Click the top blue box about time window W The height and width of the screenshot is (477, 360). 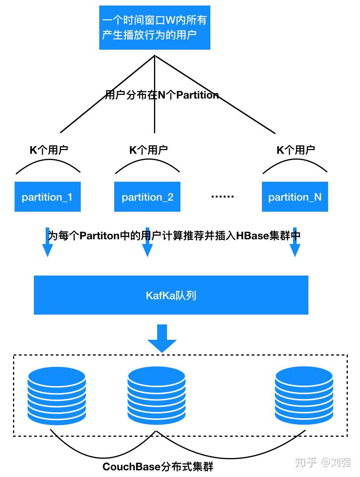[155, 28]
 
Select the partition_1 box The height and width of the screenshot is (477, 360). [48, 196]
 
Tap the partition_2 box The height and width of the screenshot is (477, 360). [147, 196]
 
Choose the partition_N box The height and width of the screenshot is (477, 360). [295, 196]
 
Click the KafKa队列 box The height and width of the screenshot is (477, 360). [171, 295]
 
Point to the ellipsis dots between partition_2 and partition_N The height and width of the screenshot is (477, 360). [222, 196]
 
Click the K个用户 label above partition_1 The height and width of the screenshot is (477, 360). [49, 150]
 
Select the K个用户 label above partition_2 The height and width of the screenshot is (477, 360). [148, 150]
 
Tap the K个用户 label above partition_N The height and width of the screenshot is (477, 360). [296, 150]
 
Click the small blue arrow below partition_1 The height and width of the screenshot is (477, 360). [47, 242]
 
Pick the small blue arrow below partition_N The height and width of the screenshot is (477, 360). [295, 242]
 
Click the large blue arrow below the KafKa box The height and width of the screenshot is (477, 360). [162, 338]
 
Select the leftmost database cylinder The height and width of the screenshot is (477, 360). [57, 396]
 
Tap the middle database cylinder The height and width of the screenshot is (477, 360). [156, 396]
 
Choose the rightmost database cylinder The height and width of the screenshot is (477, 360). [304, 396]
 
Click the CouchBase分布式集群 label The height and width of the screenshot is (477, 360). [158, 466]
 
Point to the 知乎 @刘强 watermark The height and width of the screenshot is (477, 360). [323, 462]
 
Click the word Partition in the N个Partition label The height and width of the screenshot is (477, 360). [197, 95]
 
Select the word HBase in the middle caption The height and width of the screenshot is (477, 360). [252, 236]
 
